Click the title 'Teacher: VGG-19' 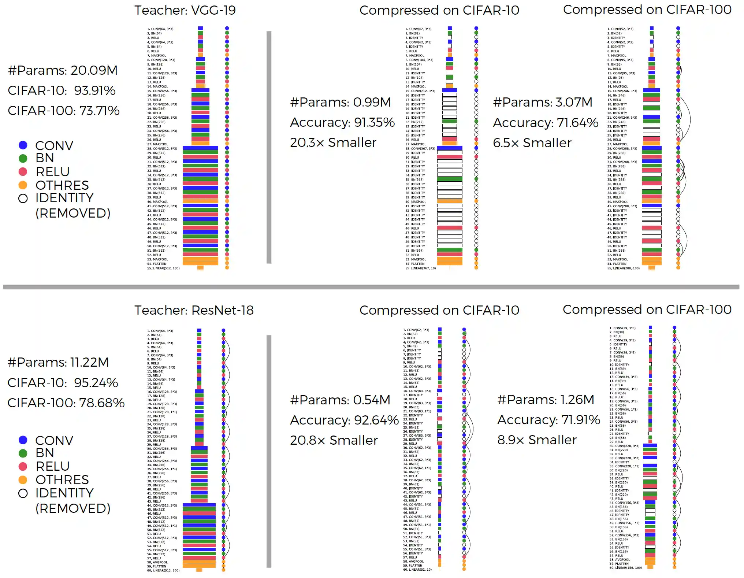[x=185, y=10]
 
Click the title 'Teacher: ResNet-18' [x=194, y=310]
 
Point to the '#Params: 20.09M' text [x=63, y=70]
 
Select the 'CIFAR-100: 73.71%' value [x=63, y=110]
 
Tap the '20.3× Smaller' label [x=333, y=142]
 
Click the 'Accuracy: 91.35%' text [x=342, y=122]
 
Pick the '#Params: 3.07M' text [x=542, y=102]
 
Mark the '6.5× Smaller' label [x=532, y=142]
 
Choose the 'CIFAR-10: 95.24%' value [x=63, y=382]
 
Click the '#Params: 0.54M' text [x=340, y=400]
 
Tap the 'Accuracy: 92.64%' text [x=344, y=420]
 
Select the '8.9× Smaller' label [x=536, y=440]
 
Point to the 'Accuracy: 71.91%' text [x=548, y=419]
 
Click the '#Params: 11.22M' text [x=58, y=362]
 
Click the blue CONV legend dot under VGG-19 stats [x=23, y=145]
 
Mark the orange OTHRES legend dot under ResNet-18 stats [x=23, y=479]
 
